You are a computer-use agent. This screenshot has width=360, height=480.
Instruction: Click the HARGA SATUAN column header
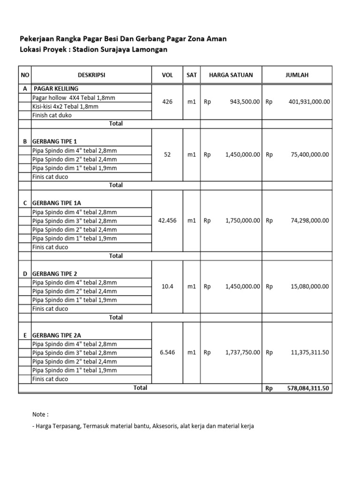[231, 75]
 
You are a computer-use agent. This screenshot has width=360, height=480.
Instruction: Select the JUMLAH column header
[297, 75]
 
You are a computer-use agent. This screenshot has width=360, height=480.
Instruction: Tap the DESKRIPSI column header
[91, 75]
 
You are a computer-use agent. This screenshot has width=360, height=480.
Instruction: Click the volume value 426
[167, 102]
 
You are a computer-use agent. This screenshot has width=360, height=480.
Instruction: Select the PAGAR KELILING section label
[55, 89]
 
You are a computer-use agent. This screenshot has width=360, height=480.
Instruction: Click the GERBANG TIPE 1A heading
[56, 203]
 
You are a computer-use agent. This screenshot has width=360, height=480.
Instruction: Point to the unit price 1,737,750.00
[242, 352]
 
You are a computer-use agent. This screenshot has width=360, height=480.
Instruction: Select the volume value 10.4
[167, 286]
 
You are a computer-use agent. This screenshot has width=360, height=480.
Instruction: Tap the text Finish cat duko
[52, 115]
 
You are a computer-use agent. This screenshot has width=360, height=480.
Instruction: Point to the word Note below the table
[39, 415]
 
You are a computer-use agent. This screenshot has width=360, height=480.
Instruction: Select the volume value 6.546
[167, 352]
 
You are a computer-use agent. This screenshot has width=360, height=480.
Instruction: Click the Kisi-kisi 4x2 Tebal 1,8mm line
[65, 106]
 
